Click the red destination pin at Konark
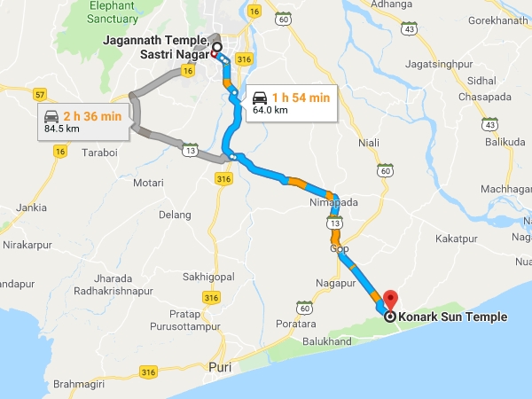click(389, 300)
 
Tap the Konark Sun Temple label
click(453, 317)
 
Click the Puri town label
click(218, 366)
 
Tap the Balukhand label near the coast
click(326, 341)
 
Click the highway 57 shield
click(40, 93)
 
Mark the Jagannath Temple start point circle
click(215, 50)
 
